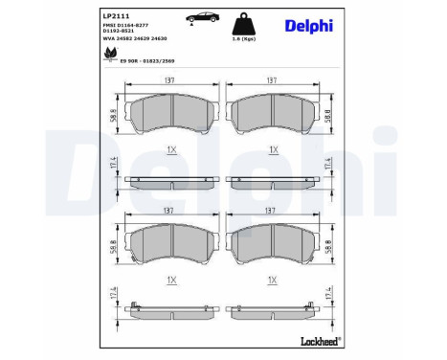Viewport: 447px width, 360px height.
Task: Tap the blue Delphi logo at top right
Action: coord(307,25)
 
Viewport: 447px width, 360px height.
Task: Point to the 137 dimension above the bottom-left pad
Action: coord(171,211)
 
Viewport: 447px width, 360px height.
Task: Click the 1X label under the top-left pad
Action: coord(171,150)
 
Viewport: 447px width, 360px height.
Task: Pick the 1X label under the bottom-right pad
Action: coord(273,280)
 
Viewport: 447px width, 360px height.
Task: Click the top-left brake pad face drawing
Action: coord(171,114)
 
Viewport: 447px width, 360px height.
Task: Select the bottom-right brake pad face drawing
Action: coord(274,246)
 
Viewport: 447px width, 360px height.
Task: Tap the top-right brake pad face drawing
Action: coord(274,114)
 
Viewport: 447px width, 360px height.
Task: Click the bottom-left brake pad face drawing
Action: coord(171,246)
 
